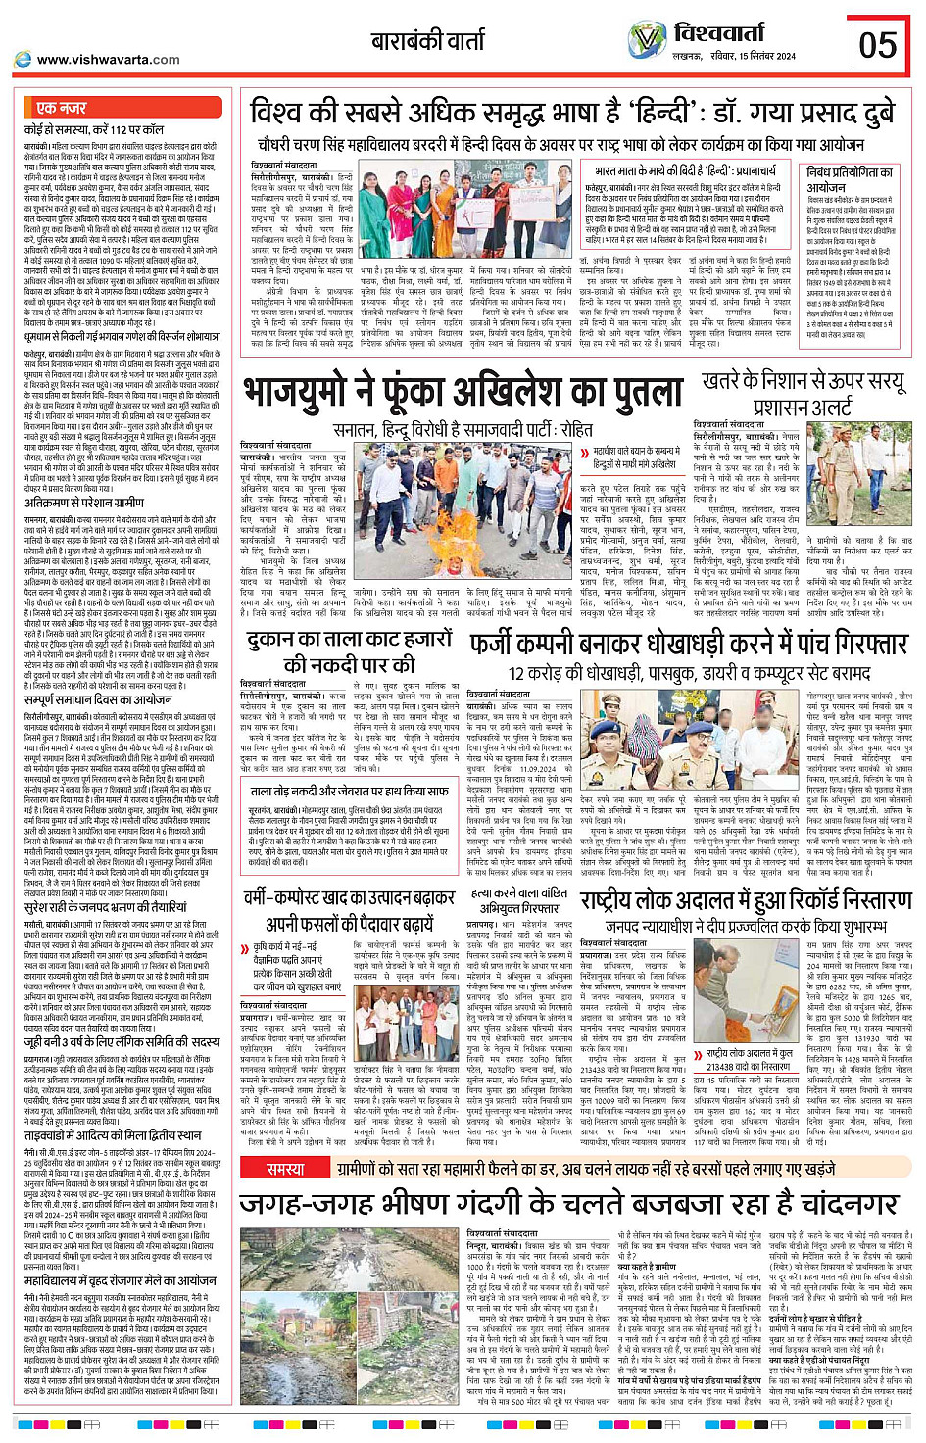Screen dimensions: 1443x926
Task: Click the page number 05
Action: pyautogui.click(x=877, y=45)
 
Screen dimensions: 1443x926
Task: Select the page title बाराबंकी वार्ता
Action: pyautogui.click(x=427, y=40)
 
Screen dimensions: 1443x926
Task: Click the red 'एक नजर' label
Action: pyautogui.click(x=61, y=109)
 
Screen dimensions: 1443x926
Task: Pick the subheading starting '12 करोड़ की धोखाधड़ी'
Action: pyautogui.click(x=689, y=673)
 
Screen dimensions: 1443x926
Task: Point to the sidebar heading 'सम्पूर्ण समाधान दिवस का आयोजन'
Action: pyautogui.click(x=98, y=699)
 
